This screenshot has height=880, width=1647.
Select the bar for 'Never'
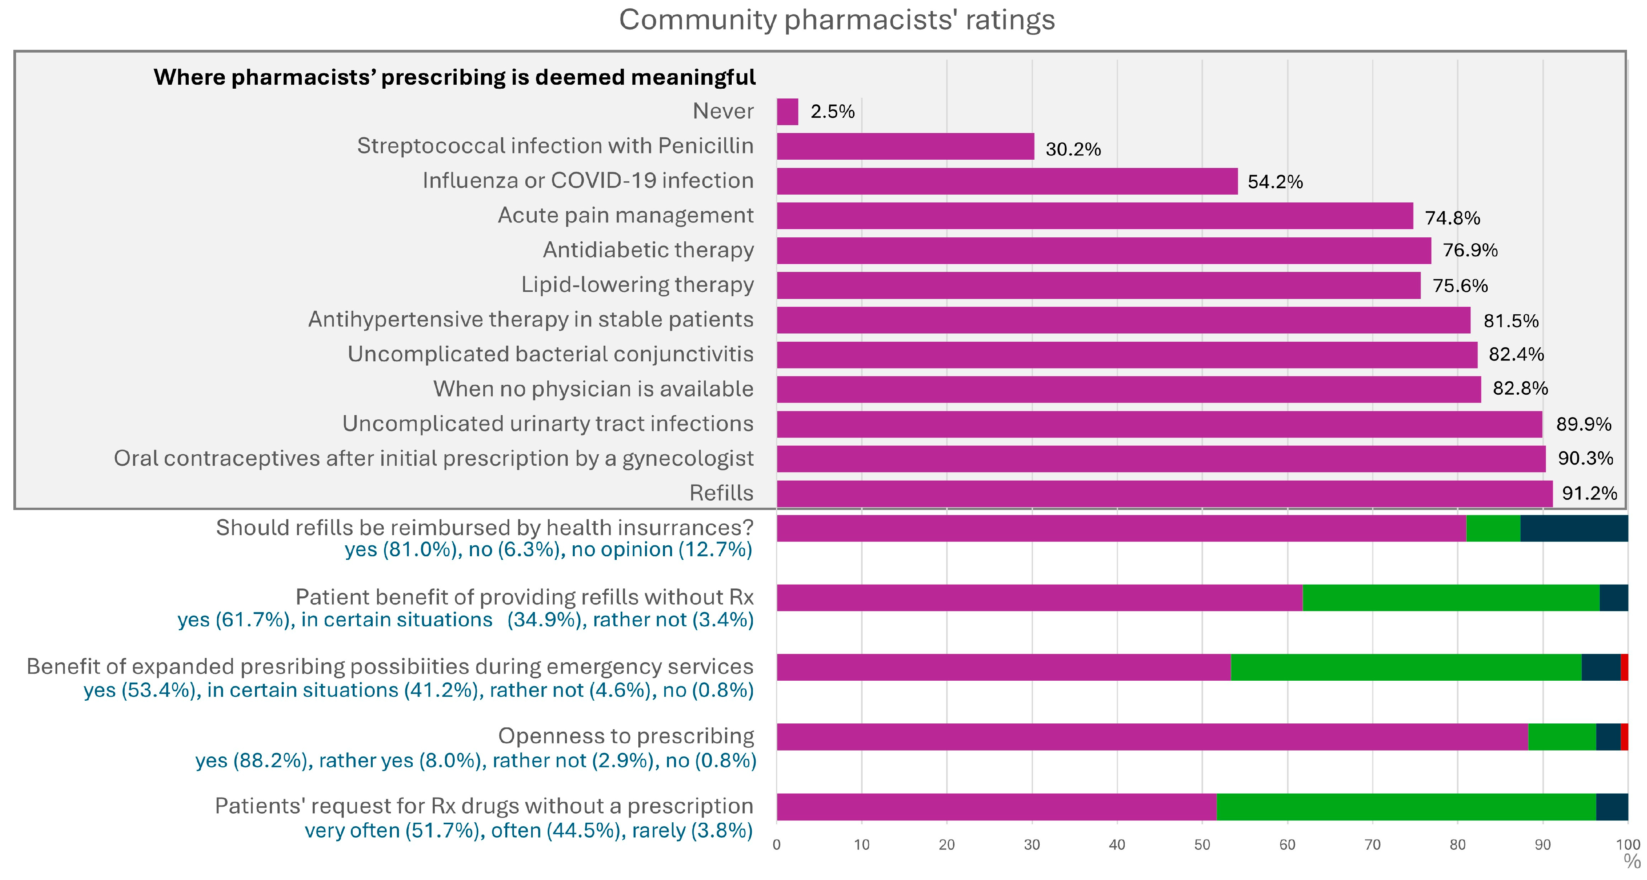(787, 112)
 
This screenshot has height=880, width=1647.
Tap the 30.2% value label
(1073, 149)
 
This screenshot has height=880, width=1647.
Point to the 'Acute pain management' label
(625, 215)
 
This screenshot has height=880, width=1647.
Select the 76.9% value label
(1470, 250)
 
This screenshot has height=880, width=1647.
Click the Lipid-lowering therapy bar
(1099, 285)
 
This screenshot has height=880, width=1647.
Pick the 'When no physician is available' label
(593, 389)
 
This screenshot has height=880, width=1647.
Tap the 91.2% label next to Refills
(1589, 493)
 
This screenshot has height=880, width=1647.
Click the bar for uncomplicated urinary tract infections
(1159, 424)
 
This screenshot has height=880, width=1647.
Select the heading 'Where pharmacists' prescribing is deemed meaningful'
(454, 77)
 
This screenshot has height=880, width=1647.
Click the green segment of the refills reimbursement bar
(1493, 528)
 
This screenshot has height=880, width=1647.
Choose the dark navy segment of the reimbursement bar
(1574, 528)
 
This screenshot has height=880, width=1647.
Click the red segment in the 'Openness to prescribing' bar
(1624, 737)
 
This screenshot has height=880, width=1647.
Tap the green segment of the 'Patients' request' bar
(1406, 807)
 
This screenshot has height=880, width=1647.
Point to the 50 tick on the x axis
(1202, 845)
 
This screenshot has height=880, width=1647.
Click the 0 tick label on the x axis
(777, 845)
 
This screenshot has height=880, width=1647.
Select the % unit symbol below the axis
(1632, 862)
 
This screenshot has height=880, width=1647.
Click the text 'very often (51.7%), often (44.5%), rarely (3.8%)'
(528, 831)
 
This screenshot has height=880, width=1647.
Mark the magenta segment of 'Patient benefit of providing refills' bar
(1039, 598)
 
